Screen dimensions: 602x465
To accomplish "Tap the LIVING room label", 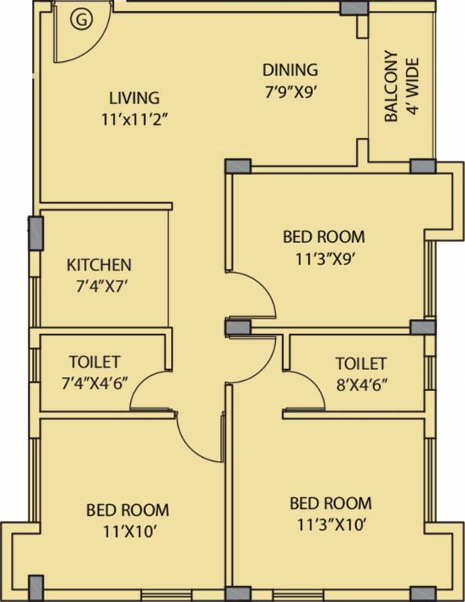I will click(134, 99).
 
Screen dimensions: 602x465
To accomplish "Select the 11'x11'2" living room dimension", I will click(131, 121).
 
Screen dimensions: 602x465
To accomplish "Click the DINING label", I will click(290, 70).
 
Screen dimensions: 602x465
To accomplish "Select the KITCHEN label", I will click(99, 265).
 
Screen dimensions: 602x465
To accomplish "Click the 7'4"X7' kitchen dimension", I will click(98, 287).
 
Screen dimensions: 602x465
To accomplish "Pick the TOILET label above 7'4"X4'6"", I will click(94, 362).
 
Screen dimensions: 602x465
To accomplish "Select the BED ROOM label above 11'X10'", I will click(127, 510).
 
